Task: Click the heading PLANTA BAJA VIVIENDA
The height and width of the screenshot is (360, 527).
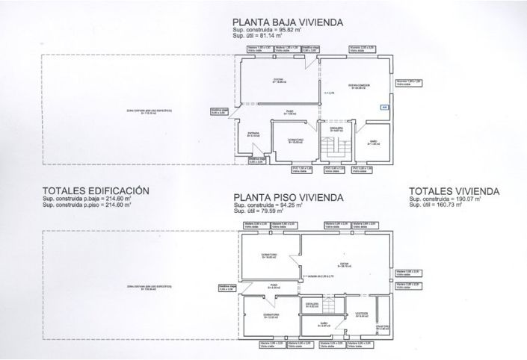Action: [287, 22]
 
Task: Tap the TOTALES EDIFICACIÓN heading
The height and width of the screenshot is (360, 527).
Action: [96, 190]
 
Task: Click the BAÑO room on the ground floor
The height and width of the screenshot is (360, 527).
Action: [374, 142]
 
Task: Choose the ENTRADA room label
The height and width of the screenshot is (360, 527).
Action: [253, 135]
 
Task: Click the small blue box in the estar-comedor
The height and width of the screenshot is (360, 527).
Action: [383, 107]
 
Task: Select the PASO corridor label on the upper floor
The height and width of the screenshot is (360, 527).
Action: [274, 285]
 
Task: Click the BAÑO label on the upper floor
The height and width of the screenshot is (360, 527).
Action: [324, 324]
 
